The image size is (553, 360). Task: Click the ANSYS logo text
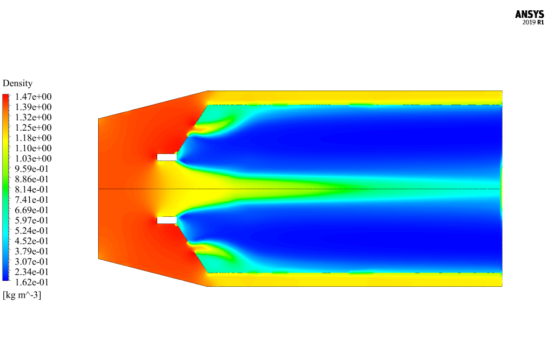529,15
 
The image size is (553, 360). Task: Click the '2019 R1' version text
533,23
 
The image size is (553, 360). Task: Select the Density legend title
18,83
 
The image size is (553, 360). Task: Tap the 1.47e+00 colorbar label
33,97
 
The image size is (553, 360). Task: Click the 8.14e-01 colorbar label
32,189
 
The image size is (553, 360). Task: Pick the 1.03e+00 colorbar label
33,158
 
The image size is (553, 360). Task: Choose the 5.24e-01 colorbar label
32,230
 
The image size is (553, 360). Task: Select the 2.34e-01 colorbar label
32,272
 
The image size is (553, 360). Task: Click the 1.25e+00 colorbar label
33,127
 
